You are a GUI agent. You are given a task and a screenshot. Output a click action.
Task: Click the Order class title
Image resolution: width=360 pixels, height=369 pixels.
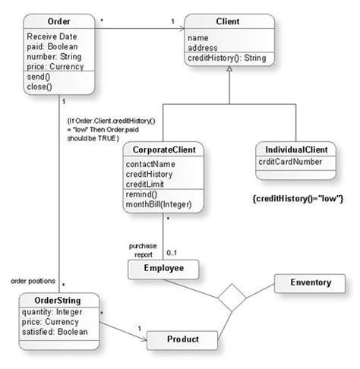pyautogui.click(x=58, y=21)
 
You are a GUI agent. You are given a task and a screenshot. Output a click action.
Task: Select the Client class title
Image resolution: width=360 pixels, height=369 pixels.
pyautogui.click(x=228, y=21)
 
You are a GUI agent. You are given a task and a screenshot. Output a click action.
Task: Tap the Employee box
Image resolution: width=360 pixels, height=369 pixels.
pyautogui.click(x=163, y=270)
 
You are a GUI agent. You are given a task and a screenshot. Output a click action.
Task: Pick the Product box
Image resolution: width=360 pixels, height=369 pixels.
pyautogui.click(x=182, y=340)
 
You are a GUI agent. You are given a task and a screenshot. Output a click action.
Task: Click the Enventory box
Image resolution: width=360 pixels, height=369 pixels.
pyautogui.click(x=310, y=283)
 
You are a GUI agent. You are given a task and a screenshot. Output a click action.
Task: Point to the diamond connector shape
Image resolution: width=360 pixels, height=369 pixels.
pyautogui.click(x=232, y=298)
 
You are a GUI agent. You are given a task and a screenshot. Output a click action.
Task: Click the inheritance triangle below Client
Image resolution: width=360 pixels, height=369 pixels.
pyautogui.click(x=229, y=69)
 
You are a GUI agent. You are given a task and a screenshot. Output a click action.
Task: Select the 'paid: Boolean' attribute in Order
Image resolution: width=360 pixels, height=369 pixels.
pyautogui.click(x=52, y=47)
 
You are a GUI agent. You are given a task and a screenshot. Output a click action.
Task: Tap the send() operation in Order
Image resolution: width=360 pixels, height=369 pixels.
pyautogui.click(x=39, y=77)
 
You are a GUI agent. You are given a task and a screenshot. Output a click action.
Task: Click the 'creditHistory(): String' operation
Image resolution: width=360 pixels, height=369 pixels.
pyautogui.click(x=227, y=58)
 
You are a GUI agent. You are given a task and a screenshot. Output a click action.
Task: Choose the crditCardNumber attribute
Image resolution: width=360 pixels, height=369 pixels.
pyautogui.click(x=290, y=162)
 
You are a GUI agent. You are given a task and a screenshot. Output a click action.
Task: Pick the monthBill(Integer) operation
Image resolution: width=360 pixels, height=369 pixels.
pyautogui.click(x=159, y=204)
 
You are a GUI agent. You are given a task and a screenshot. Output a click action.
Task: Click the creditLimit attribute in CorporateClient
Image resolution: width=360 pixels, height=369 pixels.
pyautogui.click(x=144, y=184)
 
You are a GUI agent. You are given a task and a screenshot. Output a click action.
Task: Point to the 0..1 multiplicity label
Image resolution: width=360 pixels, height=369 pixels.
pyautogui.click(x=172, y=253)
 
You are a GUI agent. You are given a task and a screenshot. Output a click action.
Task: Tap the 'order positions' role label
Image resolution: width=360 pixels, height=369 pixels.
pyautogui.click(x=33, y=281)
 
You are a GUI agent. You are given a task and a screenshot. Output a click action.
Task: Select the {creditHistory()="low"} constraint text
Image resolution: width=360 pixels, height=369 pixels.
pyautogui.click(x=298, y=199)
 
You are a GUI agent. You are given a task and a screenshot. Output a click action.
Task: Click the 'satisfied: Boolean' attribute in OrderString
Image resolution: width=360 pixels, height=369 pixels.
pyautogui.click(x=55, y=332)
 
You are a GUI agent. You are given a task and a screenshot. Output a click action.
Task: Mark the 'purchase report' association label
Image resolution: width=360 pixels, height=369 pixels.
pyautogui.click(x=143, y=251)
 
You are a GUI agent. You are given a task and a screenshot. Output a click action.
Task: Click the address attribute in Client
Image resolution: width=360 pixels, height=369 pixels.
pyautogui.click(x=203, y=48)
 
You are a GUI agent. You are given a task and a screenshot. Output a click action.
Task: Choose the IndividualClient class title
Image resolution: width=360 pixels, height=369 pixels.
pyautogui.click(x=296, y=150)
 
